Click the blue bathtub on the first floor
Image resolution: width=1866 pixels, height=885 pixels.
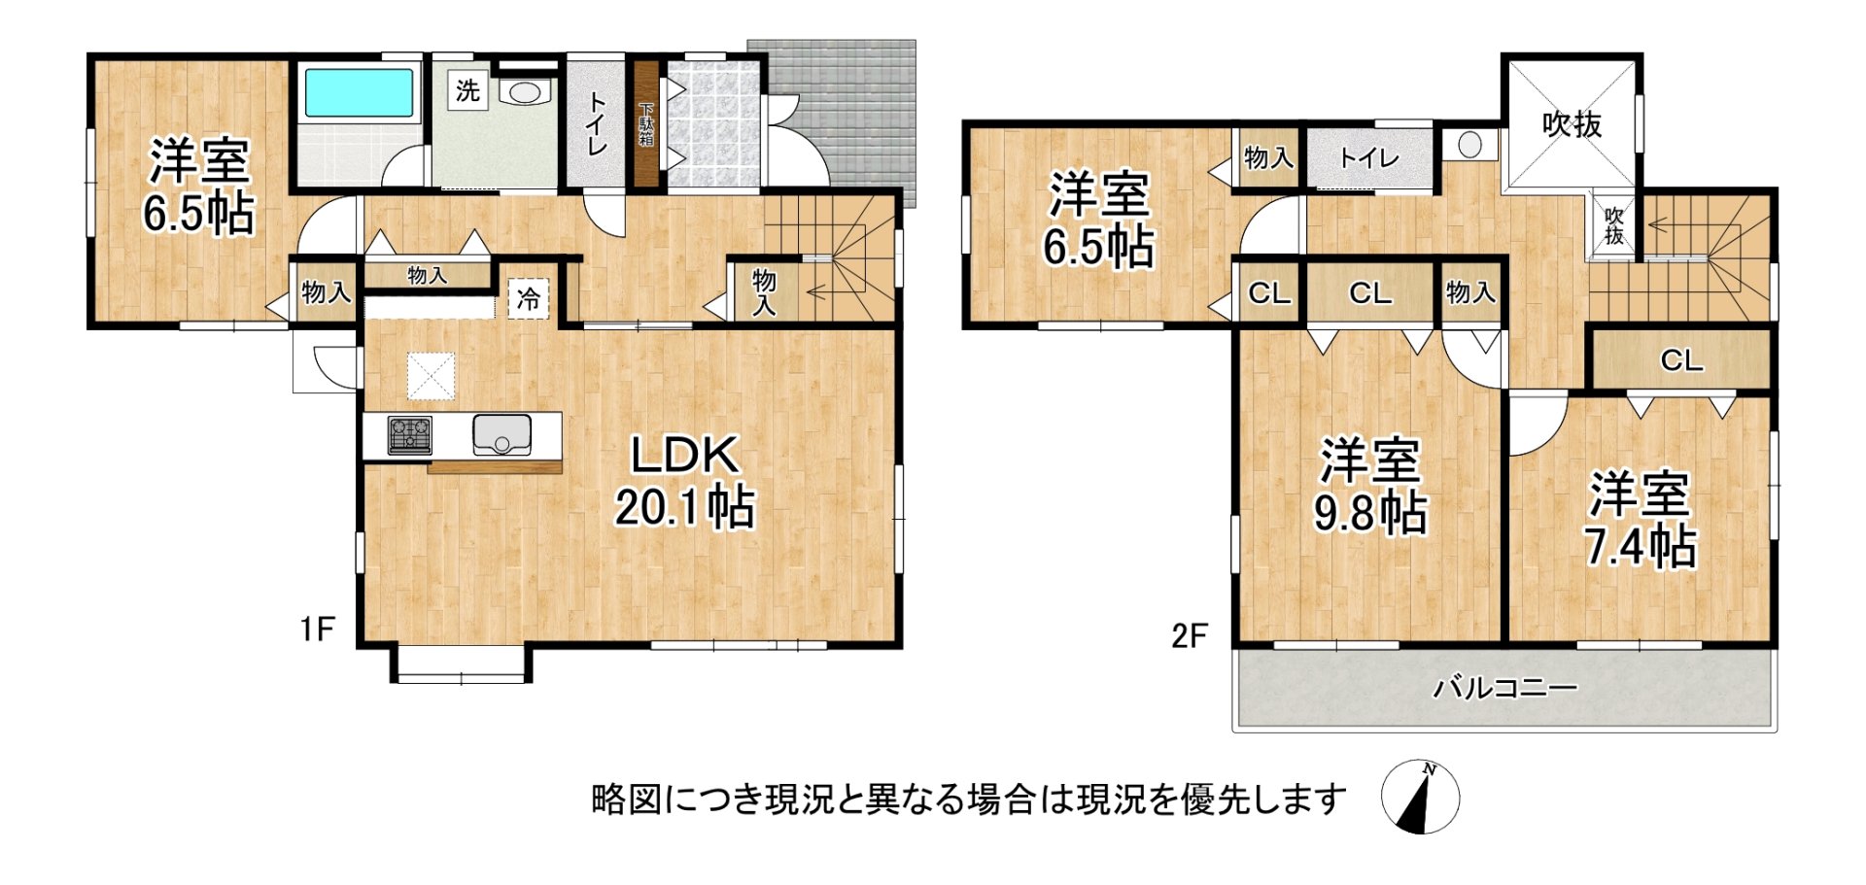point(360,92)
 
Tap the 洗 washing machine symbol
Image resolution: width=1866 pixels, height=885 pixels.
point(467,91)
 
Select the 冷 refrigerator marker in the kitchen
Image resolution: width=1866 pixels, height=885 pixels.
point(529,298)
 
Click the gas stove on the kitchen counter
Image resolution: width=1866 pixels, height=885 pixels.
point(409,434)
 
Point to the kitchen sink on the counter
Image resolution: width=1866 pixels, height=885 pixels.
point(501,434)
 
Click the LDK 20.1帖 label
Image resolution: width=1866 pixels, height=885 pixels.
point(684,481)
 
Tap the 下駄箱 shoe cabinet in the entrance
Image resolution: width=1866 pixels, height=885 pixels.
point(646,124)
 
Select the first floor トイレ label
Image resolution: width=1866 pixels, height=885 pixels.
point(596,123)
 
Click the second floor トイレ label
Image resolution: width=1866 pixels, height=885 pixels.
point(1368,158)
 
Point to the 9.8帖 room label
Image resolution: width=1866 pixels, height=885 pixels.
point(1370,486)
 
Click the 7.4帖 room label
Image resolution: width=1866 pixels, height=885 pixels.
point(1641,520)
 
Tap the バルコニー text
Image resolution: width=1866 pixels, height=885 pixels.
point(1504,689)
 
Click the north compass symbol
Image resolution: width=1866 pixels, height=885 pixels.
point(1420,798)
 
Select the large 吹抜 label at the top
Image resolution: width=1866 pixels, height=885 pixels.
point(1572,124)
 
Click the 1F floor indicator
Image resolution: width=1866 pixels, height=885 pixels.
point(317,630)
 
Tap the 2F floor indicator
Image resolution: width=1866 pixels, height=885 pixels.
point(1189,636)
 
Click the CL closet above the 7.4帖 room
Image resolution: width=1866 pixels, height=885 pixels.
point(1681,360)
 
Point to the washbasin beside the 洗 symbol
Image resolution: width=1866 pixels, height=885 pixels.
point(525,92)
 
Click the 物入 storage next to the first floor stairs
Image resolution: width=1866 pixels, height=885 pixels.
point(764,291)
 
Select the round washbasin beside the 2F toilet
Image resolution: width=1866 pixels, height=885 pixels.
point(1469,146)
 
